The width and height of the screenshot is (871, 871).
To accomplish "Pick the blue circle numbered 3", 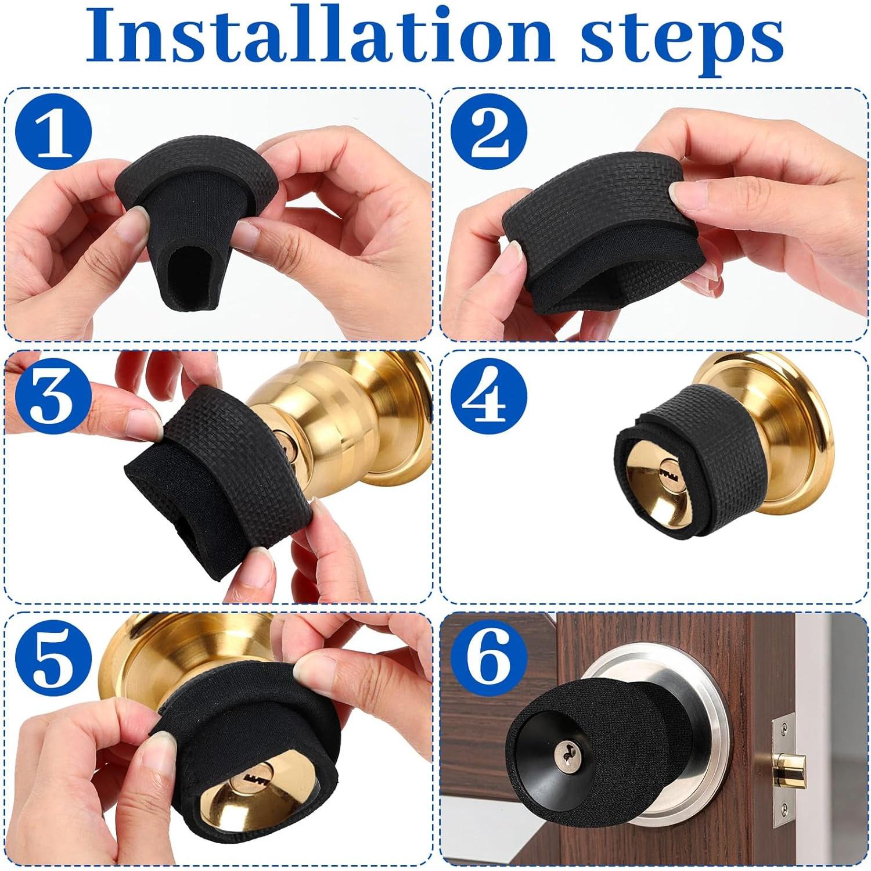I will tap(54, 396).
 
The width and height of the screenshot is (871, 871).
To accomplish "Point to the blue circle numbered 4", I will tap(489, 396).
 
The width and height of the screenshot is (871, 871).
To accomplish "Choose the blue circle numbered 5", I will tap(54, 658).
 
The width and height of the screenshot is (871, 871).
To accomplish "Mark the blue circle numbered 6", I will tap(489, 658).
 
